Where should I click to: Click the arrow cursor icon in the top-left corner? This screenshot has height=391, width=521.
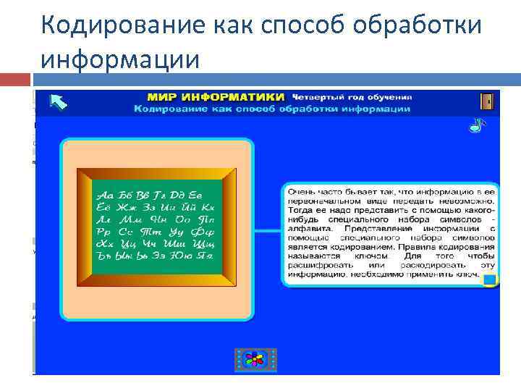(x=59, y=103)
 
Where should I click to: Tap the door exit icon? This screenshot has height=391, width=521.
(x=487, y=101)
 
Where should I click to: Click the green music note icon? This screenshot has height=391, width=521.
(x=475, y=125)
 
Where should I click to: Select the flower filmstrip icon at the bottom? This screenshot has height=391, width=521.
(x=255, y=359)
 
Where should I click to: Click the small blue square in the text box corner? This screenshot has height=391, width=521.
(x=489, y=279)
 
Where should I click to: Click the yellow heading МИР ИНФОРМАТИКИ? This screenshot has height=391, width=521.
(x=216, y=96)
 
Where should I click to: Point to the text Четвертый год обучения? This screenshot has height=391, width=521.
(x=352, y=96)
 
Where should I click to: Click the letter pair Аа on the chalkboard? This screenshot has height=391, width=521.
(x=106, y=195)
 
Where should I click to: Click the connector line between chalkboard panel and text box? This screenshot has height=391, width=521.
(x=267, y=231)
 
